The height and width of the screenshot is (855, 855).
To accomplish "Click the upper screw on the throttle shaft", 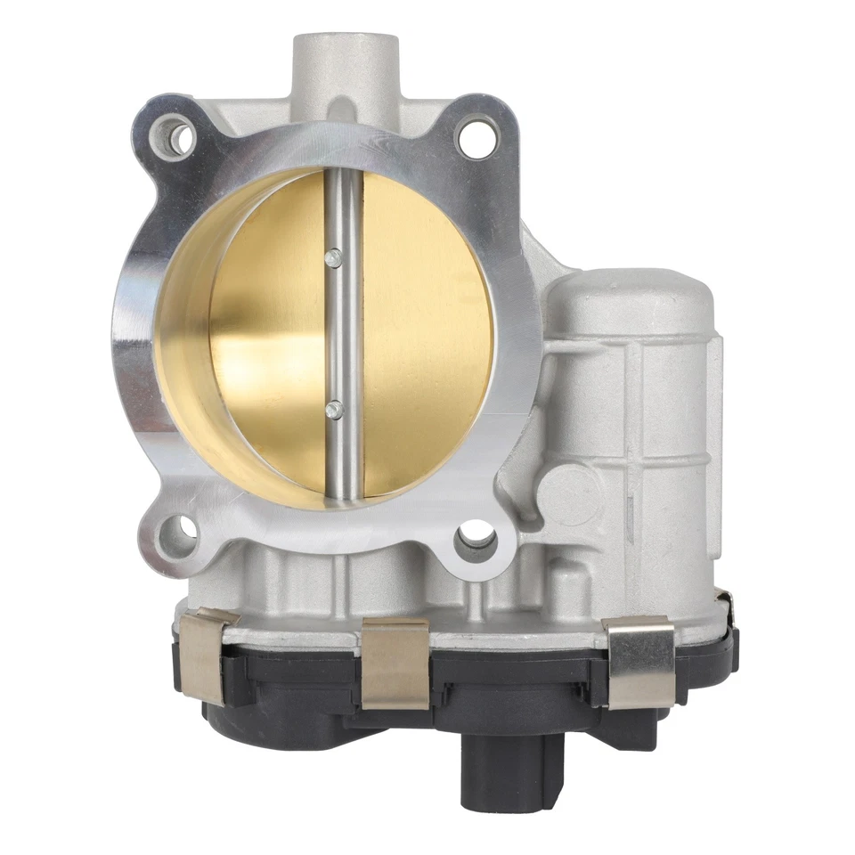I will pyautogui.click(x=333, y=258).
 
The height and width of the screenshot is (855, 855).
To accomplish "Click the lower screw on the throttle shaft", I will pyautogui.click(x=334, y=409).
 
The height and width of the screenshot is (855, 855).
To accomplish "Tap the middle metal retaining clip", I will pyautogui.click(x=395, y=664).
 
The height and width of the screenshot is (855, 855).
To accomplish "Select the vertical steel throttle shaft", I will pyautogui.click(x=344, y=338).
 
